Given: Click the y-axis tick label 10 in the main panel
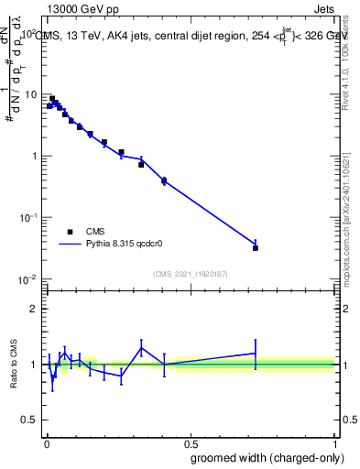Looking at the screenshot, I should pos(30,94).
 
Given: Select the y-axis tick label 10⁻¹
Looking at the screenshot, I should pos(28,216).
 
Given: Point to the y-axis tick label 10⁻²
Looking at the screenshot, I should pos(28,278).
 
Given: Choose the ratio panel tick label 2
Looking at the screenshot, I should pos(34,309).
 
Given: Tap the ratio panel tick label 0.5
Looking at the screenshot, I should pos(30,420).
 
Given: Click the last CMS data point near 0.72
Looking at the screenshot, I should pos(256,247).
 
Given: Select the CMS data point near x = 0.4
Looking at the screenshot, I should pos(164,180).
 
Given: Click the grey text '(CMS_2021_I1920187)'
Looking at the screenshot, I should pos(190,274).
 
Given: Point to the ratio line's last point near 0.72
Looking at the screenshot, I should pos(256,353).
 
